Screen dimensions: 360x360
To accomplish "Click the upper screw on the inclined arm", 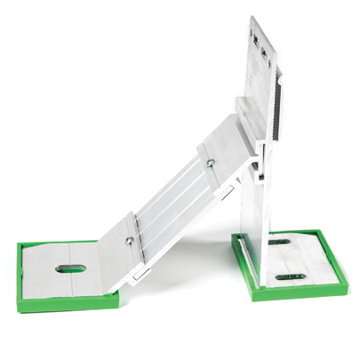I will [x=208, y=162].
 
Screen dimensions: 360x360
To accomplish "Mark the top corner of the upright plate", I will [x=252, y=17].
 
